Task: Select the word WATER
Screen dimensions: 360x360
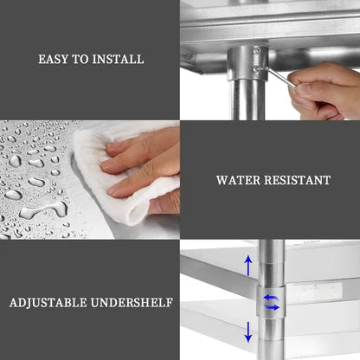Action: pyautogui.click(x=238, y=180)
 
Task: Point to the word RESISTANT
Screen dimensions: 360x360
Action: pyautogui.click(x=298, y=180)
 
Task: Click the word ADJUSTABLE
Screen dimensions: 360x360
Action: pyautogui.click(x=48, y=303)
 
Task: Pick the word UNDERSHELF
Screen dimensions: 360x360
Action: pyautogui.click(x=132, y=303)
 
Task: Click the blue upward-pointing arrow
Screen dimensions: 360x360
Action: pyautogui.click(x=248, y=266)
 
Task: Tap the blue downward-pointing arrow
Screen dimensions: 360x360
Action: pyautogui.click(x=247, y=332)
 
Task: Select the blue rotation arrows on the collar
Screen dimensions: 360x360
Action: pyautogui.click(x=272, y=302)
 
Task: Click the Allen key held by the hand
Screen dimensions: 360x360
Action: pyautogui.click(x=276, y=76)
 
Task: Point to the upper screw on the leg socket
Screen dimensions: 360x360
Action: pyautogui.click(x=256, y=51)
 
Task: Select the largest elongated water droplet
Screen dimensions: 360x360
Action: pyautogui.click(x=43, y=209)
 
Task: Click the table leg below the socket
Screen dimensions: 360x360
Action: pyautogui.click(x=247, y=100)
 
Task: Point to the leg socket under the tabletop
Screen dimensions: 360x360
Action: pyautogui.click(x=247, y=62)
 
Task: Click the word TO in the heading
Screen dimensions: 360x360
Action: pyautogui.click(x=80, y=59)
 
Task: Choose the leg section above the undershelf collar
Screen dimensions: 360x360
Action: pyautogui.click(x=272, y=262)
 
